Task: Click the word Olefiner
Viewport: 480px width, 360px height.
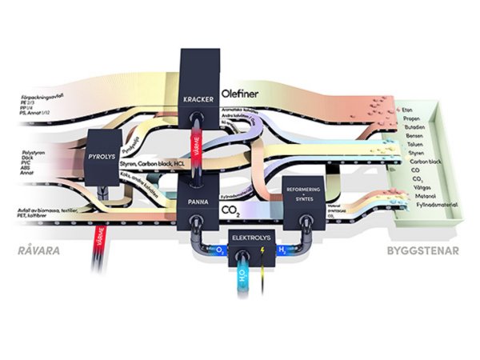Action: pos(242,91)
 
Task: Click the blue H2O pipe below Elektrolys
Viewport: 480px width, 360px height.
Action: pos(243,280)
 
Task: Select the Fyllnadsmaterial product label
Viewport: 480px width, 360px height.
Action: pos(420,205)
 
